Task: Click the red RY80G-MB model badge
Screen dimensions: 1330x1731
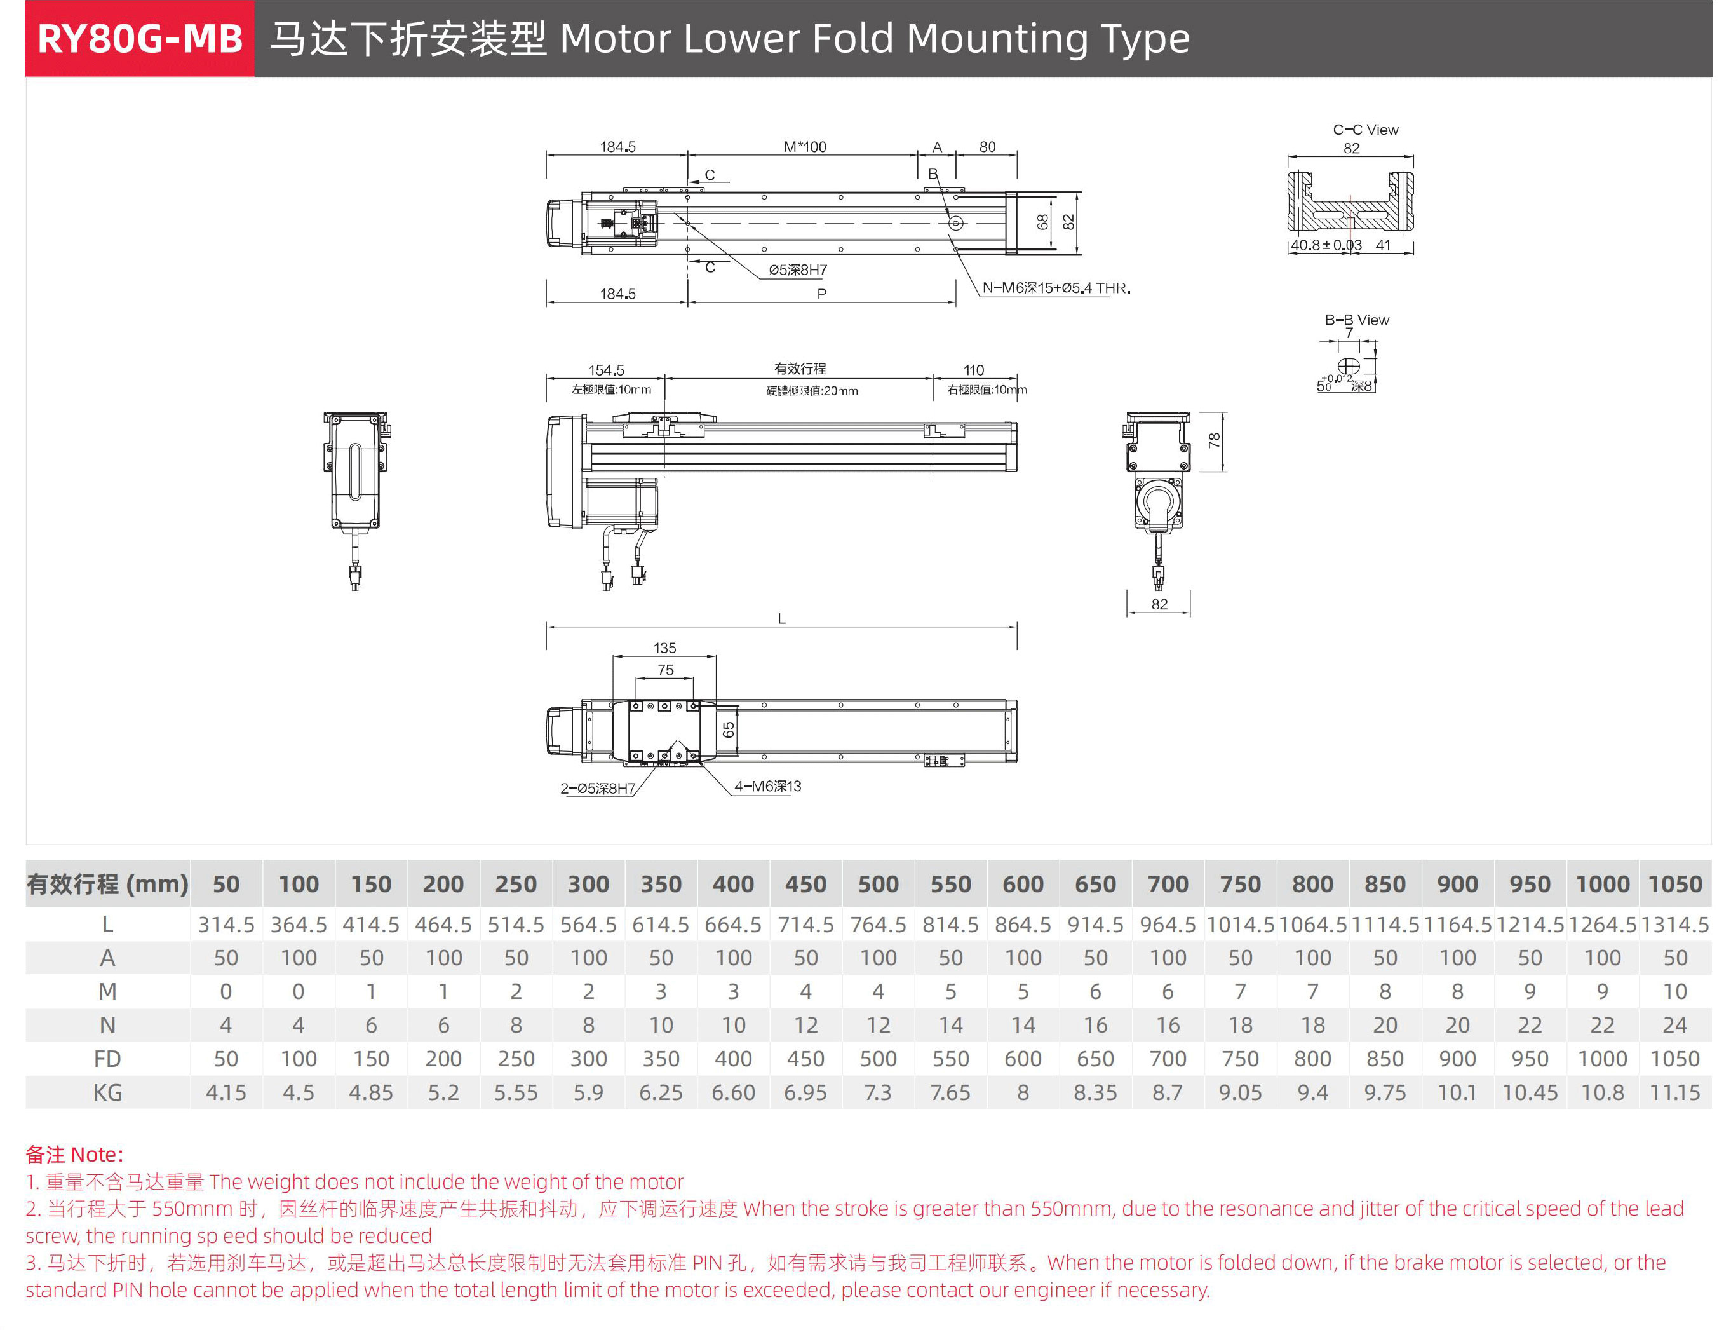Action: tap(139, 39)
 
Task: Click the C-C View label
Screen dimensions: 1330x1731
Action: tap(1364, 130)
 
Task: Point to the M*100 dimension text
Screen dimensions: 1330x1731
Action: tap(804, 146)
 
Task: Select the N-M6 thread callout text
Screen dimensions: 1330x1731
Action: tap(1056, 288)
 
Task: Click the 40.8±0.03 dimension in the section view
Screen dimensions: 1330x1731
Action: tap(1326, 245)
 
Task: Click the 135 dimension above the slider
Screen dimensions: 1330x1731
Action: tap(664, 648)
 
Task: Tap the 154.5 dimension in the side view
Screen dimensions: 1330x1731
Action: tap(605, 370)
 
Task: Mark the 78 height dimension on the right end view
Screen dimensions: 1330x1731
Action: tap(1213, 441)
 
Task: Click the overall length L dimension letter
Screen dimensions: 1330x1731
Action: tap(781, 619)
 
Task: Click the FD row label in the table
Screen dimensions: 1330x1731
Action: tap(107, 1059)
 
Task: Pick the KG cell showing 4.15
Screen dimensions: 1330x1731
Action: tap(226, 1092)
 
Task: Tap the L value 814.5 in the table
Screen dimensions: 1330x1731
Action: tap(950, 925)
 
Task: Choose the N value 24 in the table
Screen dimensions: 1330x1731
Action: tap(1674, 1025)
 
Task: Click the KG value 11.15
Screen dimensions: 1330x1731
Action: tap(1674, 1092)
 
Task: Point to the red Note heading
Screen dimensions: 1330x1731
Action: tap(74, 1154)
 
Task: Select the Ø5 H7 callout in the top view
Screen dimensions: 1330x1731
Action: tap(797, 270)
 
